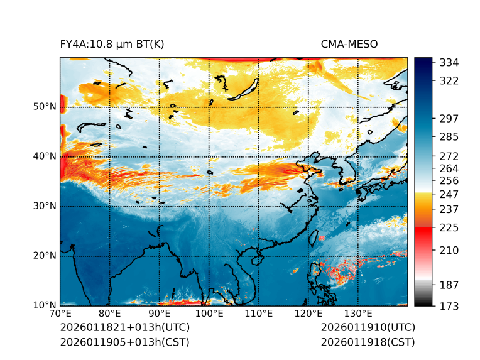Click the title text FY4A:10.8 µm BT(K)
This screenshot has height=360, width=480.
[112, 45]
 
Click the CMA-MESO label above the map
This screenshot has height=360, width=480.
[349, 45]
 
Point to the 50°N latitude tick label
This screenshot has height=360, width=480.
[44, 107]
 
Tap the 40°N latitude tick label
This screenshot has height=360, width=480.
[44, 156]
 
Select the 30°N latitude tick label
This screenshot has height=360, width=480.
[44, 206]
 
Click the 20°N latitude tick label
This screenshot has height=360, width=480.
[44, 256]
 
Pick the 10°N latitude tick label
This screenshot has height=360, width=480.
[44, 305]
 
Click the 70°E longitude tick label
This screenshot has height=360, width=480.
[60, 314]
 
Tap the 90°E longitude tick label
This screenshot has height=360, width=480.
[160, 314]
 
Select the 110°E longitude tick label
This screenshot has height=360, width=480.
[258, 314]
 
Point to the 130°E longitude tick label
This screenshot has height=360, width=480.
[357, 314]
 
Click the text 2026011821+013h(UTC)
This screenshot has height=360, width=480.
[124, 328]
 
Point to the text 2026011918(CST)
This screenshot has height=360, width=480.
[368, 342]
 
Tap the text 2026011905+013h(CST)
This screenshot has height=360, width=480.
[124, 342]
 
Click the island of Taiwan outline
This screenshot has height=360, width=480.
[314, 237]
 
